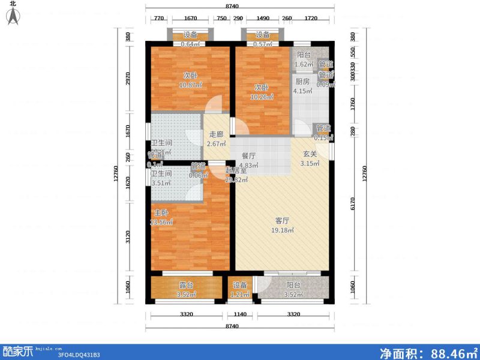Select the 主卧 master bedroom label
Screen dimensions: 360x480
pyautogui.click(x=160, y=212)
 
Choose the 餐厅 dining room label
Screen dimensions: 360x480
pyautogui.click(x=248, y=155)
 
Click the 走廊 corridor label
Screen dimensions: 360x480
pyautogui.click(x=217, y=134)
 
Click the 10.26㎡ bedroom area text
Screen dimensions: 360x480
pyautogui.click(x=262, y=96)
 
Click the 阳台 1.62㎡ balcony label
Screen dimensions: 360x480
pyautogui.click(x=305, y=58)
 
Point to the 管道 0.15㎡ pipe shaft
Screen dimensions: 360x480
pyautogui.click(x=323, y=133)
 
